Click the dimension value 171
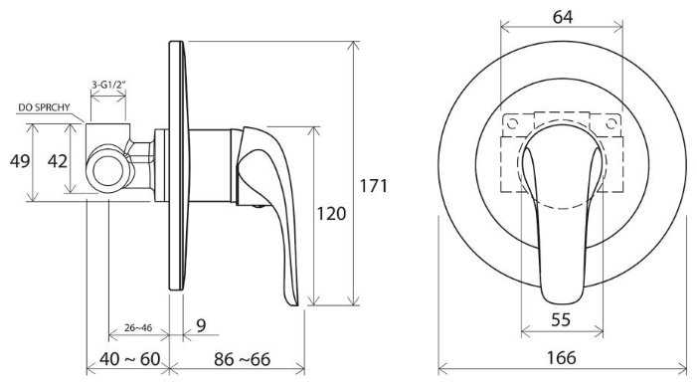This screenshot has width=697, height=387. coord(374,185)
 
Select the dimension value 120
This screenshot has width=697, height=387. coord(331,214)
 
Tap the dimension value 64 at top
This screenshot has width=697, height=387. coord(563,17)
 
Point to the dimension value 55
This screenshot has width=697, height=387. coord(561,319)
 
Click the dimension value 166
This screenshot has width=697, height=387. coord(562,357)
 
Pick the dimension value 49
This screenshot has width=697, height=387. coord(20,161)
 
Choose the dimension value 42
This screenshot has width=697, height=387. coord(58,161)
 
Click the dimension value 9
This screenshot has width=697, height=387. coord(202,325)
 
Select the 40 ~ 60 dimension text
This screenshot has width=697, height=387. coord(129,359)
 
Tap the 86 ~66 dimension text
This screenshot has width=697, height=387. coord(242,359)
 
